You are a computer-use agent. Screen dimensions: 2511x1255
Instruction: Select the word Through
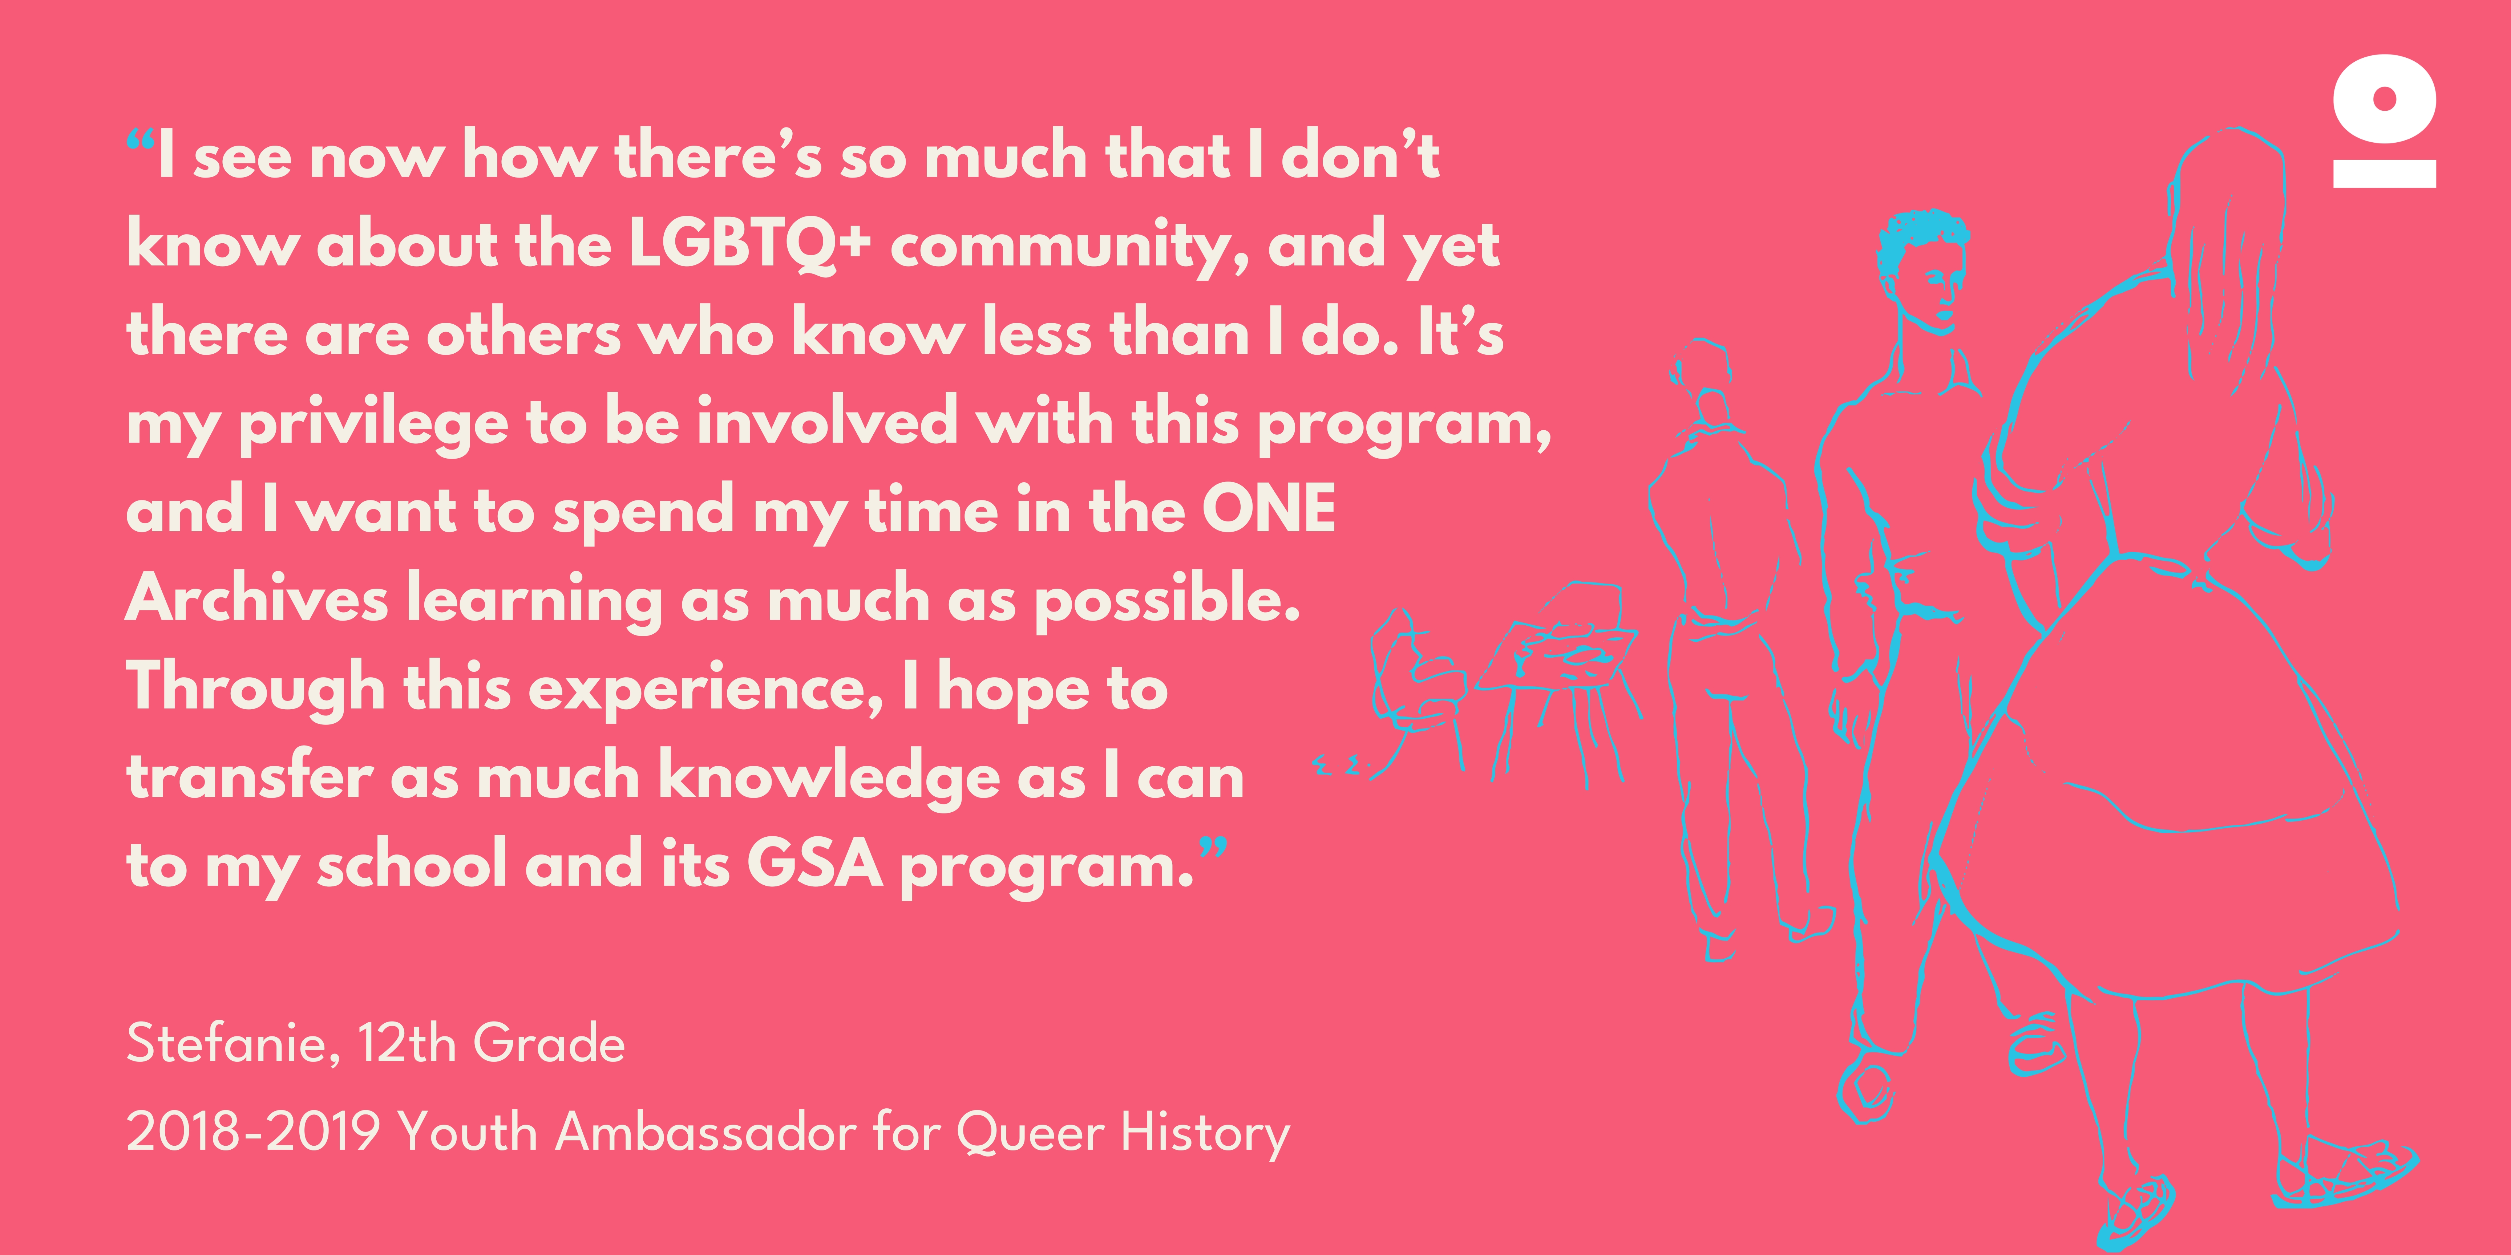(255, 688)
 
